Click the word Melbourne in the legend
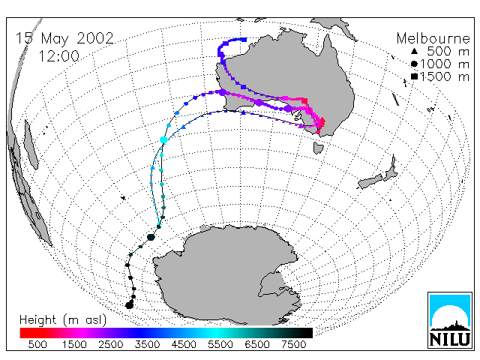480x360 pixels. [433, 38]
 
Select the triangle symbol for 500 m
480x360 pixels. [414, 52]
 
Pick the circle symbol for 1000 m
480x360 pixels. [414, 64]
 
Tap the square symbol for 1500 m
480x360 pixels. [414, 76]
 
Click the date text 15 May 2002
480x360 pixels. [64, 38]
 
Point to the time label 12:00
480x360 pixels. [59, 56]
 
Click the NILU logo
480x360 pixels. [450, 320]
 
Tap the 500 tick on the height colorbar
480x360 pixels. [37, 344]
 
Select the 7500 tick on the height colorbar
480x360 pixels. [293, 344]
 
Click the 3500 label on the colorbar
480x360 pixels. [147, 344]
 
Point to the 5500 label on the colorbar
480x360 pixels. [220, 344]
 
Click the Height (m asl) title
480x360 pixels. [63, 320]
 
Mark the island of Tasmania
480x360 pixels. [318, 148]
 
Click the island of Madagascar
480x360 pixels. [31, 145]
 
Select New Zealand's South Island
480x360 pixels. [370, 181]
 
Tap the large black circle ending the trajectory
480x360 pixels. [130, 305]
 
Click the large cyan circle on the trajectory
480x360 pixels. [163, 140]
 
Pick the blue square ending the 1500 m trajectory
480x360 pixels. [244, 40]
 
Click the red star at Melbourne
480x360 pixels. [321, 123]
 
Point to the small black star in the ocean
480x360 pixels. [123, 198]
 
